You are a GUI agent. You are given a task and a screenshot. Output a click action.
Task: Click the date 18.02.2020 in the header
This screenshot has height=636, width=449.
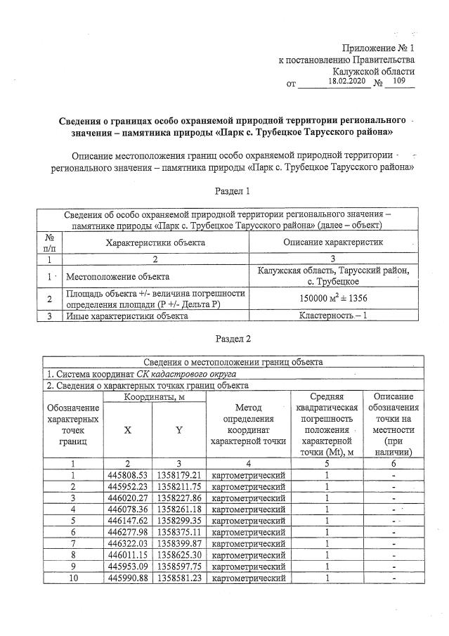[346, 82]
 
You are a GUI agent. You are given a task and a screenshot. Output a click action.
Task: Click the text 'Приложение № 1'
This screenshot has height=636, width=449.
[378, 48]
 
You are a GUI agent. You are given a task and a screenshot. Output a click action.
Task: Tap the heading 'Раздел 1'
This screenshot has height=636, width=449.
[231, 190]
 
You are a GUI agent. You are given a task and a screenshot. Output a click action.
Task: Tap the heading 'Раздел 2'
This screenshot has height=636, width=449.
[233, 339]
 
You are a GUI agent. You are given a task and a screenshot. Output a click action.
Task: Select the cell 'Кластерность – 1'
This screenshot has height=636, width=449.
[333, 316]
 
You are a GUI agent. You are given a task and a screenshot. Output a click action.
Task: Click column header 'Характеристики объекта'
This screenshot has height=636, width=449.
[155, 241]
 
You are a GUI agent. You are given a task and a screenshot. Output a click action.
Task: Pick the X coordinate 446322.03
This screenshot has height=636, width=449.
[126, 543]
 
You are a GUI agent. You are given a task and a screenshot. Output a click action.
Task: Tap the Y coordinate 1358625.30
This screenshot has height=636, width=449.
[179, 554]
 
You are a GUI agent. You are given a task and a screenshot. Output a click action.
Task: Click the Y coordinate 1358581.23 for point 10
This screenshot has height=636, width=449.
[179, 578]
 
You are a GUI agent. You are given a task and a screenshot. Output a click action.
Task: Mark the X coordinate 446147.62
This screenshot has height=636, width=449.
[126, 520]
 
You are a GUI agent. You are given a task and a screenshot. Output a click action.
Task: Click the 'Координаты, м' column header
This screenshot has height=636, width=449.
[153, 397]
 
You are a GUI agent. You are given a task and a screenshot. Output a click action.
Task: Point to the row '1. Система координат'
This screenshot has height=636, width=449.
[141, 374]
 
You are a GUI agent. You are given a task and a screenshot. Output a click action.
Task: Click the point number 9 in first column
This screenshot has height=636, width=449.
[73, 566]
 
